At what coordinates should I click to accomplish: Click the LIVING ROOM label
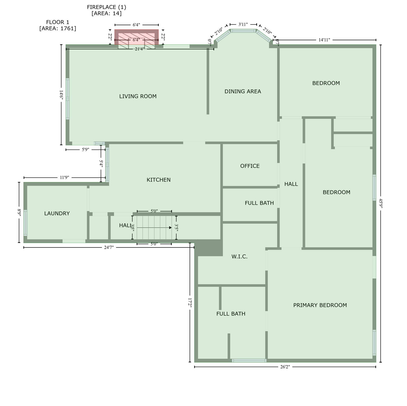click(138, 96)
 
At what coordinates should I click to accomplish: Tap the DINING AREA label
click(243, 91)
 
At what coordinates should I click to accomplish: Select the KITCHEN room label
click(158, 180)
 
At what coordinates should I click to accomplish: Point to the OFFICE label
click(250, 166)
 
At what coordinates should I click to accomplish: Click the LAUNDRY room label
click(57, 213)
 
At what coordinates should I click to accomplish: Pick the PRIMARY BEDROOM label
click(320, 305)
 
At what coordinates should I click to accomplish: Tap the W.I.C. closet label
click(239, 256)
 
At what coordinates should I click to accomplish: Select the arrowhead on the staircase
click(170, 228)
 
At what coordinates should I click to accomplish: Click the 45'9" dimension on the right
click(381, 203)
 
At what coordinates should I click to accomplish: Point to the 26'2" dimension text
click(285, 367)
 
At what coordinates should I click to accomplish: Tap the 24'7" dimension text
click(109, 247)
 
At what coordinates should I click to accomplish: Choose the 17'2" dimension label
click(190, 303)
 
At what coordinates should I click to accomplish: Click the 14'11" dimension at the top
click(324, 40)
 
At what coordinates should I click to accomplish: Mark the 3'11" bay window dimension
click(243, 25)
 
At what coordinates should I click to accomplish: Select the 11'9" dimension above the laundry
click(64, 177)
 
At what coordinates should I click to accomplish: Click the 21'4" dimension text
click(139, 49)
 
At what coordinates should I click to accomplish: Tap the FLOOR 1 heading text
click(57, 22)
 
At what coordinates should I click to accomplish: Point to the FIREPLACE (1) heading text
click(106, 7)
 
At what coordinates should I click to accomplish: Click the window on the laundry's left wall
click(25, 223)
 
